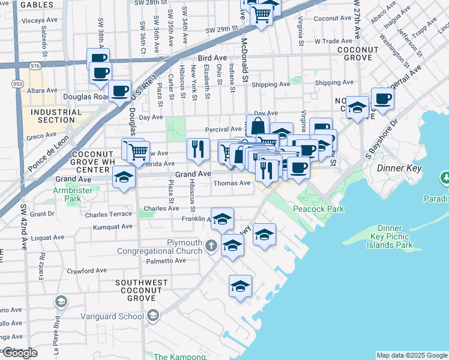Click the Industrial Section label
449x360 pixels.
[56, 116]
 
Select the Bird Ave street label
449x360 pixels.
[206, 58]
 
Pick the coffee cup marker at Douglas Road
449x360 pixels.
[120, 91]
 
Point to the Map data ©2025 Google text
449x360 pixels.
[411, 355]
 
